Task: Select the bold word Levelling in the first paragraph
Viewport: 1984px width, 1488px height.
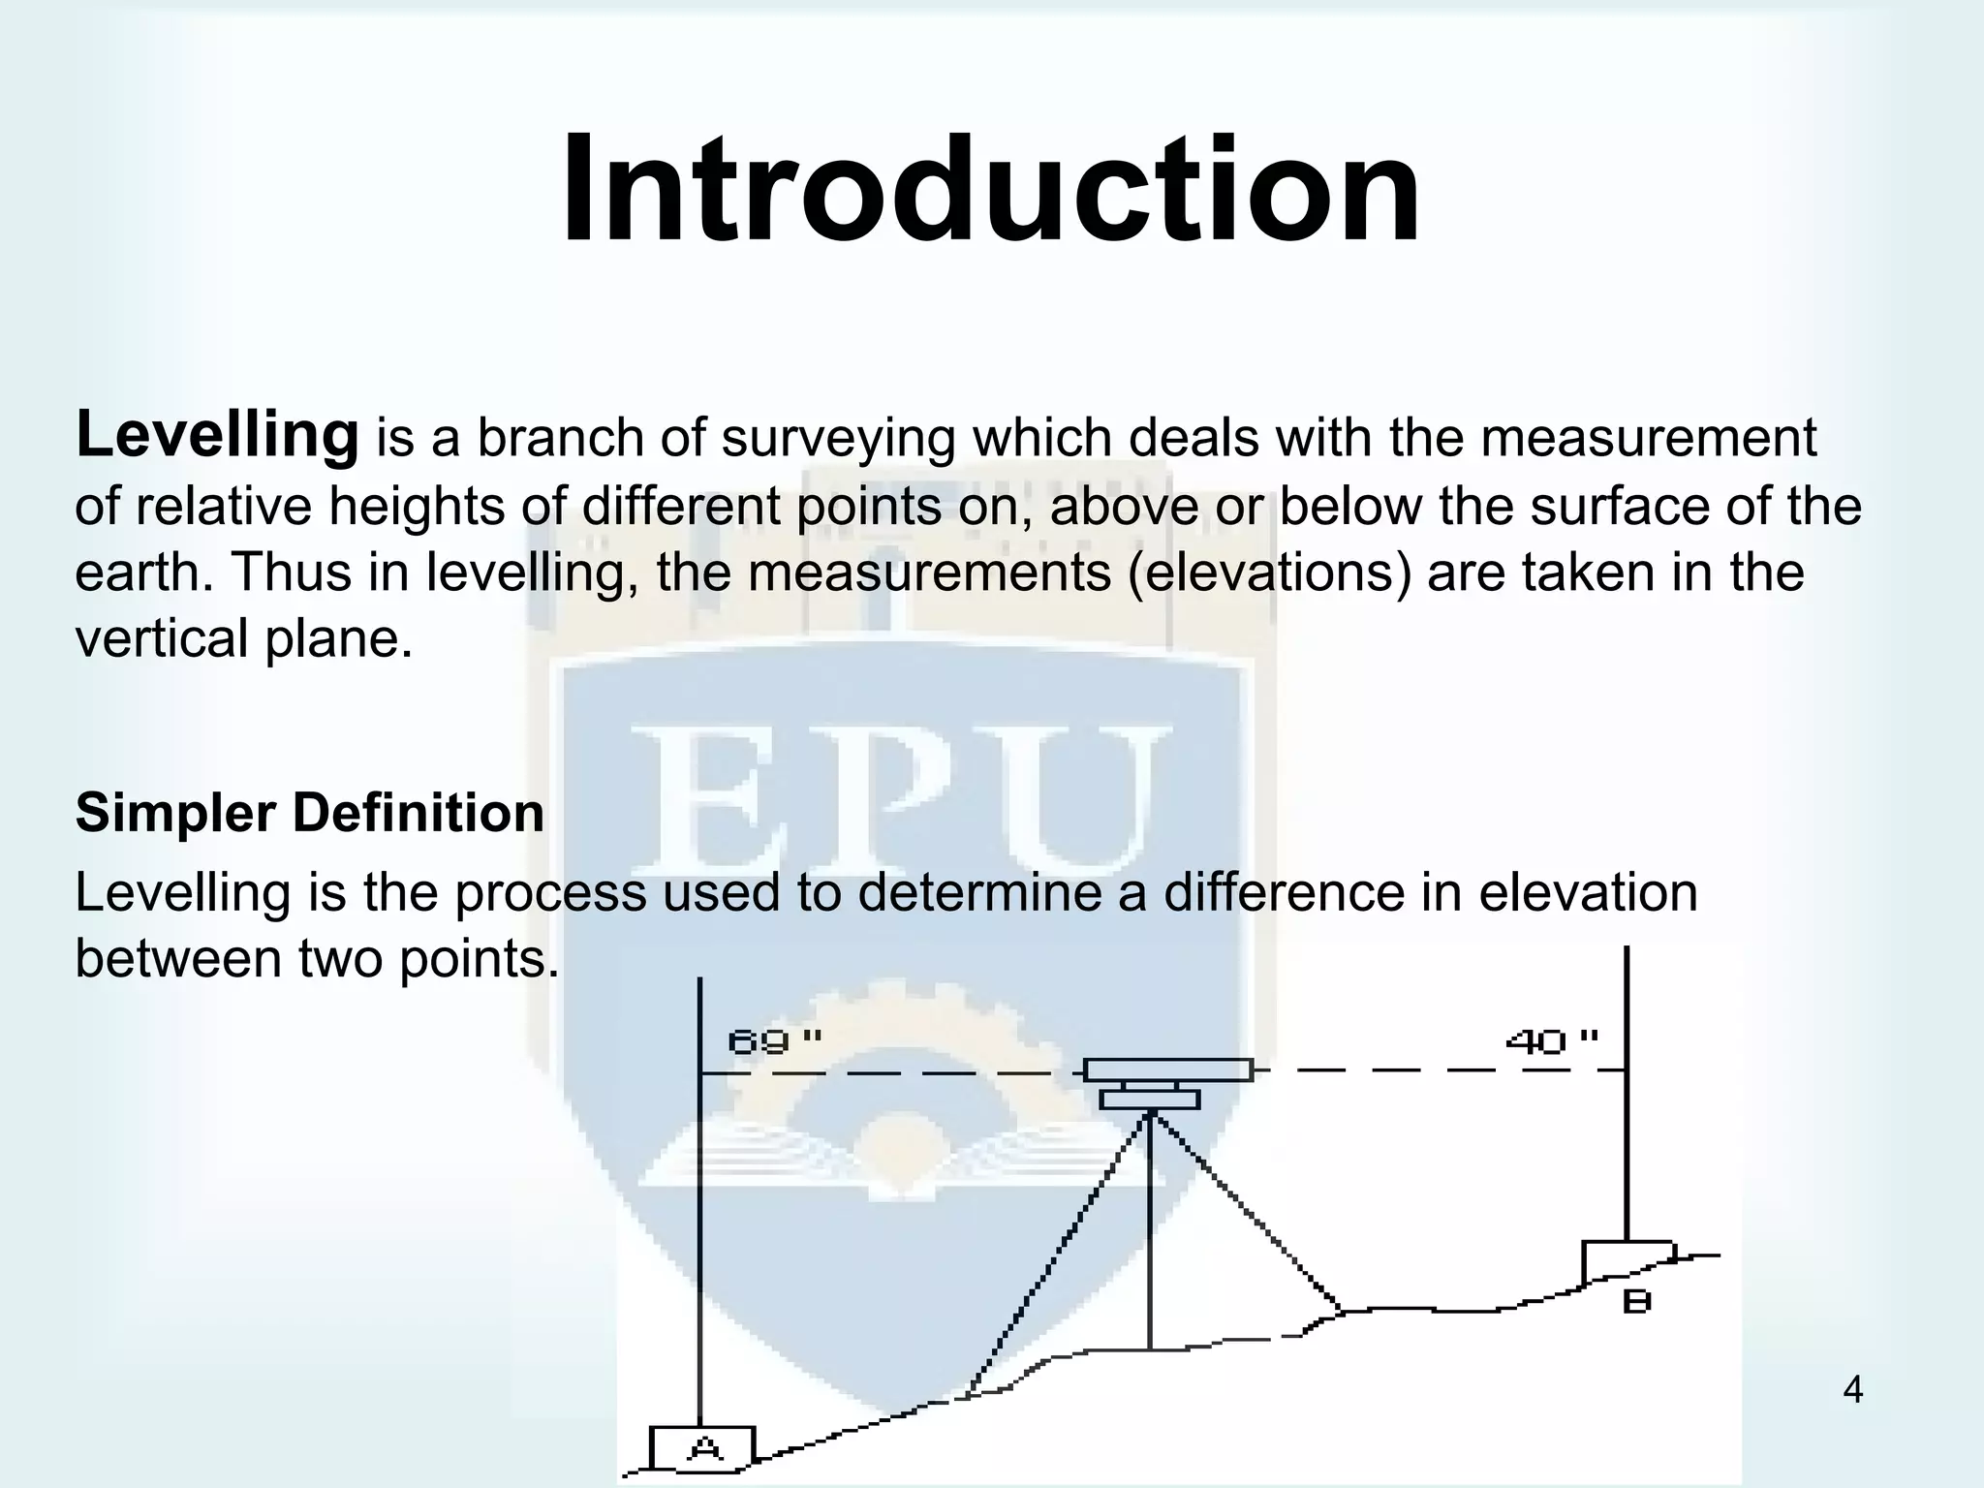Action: click(x=217, y=435)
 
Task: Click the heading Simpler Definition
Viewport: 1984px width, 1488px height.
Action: click(x=309, y=812)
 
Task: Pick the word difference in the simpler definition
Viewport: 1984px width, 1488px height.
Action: click(x=1284, y=892)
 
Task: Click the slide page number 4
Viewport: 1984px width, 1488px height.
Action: click(x=1851, y=1391)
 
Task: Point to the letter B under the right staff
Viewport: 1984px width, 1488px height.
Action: click(x=1636, y=1302)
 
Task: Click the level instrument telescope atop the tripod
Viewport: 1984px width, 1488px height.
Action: click(x=1167, y=1070)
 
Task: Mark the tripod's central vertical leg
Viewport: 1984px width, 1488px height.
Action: click(x=1149, y=1240)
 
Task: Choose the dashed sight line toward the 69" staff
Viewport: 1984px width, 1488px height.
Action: click(x=891, y=1073)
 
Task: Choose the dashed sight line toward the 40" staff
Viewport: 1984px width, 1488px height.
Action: click(x=1434, y=1070)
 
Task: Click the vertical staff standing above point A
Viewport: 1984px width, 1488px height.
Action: click(x=699, y=1211)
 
